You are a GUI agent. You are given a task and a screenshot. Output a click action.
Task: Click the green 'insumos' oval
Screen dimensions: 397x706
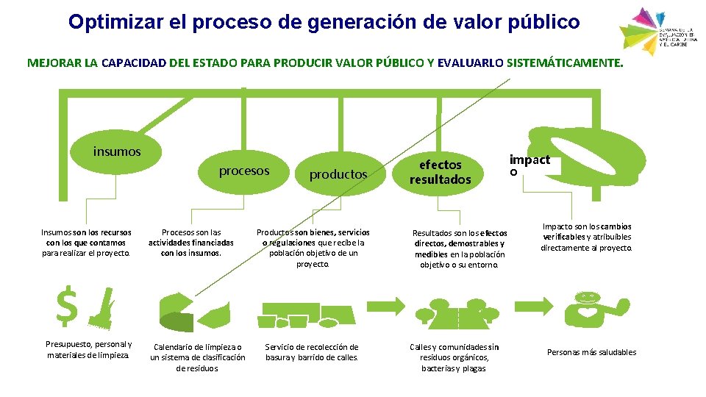point(116,152)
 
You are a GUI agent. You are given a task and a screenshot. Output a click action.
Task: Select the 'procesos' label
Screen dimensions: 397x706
point(244,171)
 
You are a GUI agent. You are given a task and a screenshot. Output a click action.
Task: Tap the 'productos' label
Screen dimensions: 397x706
point(338,174)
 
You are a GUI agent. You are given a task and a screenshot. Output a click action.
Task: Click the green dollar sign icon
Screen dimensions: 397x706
point(67,306)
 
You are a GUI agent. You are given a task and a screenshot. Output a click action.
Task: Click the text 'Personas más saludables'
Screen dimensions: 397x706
point(591,352)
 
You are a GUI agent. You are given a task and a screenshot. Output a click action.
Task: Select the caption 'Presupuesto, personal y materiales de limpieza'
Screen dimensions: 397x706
point(88,350)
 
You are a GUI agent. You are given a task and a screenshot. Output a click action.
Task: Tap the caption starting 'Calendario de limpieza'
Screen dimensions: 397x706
point(198,357)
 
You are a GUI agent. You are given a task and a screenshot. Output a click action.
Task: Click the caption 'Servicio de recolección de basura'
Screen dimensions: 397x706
point(312,352)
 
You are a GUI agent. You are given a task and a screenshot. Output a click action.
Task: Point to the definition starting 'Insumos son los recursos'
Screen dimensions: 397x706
point(86,243)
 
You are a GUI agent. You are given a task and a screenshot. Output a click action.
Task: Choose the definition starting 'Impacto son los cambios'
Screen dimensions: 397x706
point(586,237)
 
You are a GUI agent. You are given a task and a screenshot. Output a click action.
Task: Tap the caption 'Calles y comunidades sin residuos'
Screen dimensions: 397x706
point(454,357)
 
